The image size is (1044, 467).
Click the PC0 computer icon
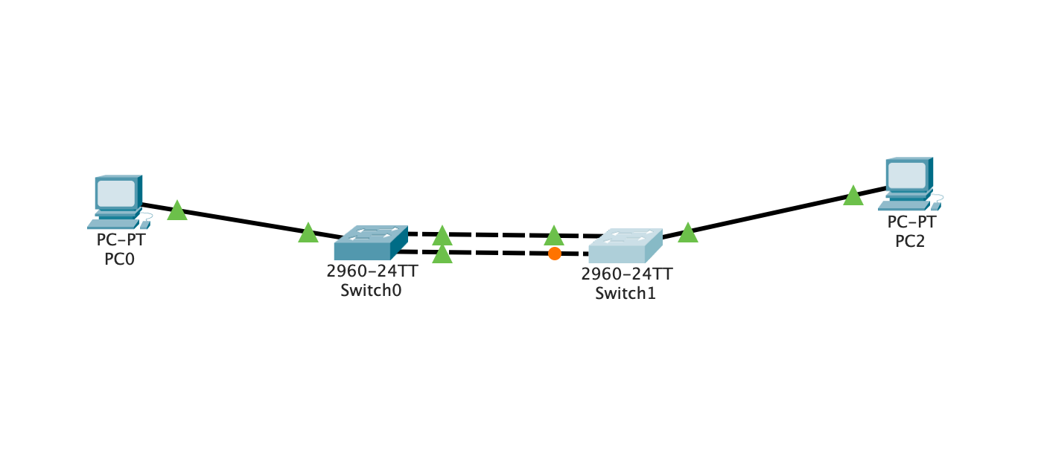(x=118, y=201)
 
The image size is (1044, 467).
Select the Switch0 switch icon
(x=371, y=242)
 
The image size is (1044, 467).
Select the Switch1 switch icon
(x=625, y=246)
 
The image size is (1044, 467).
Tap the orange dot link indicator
(x=554, y=254)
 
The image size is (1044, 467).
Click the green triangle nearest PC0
(x=176, y=211)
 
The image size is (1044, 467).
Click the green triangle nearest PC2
(x=853, y=196)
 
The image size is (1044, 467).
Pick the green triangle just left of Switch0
(x=308, y=233)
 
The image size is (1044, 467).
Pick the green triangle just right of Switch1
(x=687, y=233)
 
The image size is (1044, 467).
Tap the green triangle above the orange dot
(x=553, y=236)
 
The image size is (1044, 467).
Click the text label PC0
(x=120, y=259)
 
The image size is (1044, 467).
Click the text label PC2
(x=910, y=241)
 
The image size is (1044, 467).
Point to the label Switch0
(x=371, y=291)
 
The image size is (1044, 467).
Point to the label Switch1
(x=626, y=293)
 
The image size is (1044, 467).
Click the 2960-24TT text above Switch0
(x=372, y=271)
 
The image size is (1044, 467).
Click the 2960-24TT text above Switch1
(x=626, y=274)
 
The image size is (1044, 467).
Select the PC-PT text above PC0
(x=120, y=240)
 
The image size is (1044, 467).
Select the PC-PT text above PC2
(x=911, y=222)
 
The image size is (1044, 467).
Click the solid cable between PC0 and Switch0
(x=238, y=221)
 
